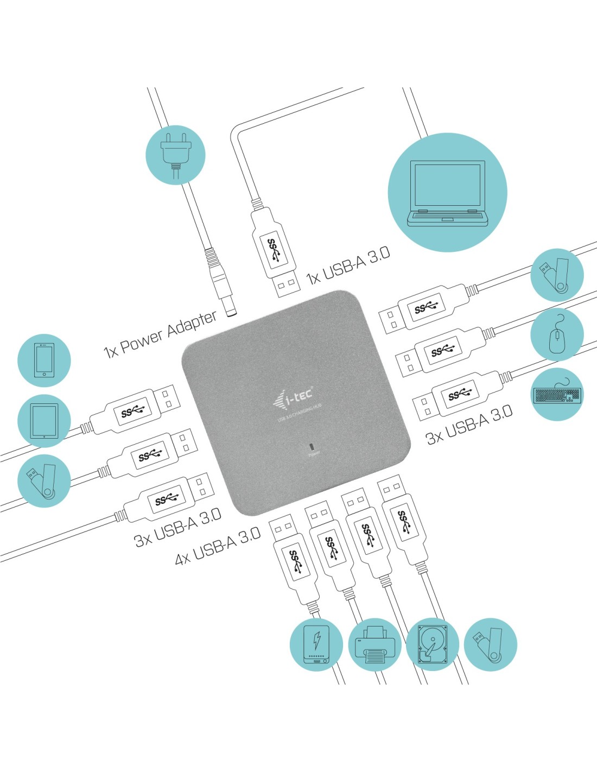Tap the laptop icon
coord(448,193)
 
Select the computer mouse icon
coord(557,334)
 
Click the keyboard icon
coord(557,395)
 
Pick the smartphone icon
coord(44,360)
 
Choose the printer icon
coord(374,645)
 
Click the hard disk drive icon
coord(433,645)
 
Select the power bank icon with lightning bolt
coord(316,645)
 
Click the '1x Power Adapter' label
coord(161,334)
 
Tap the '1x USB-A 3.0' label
coord(348,266)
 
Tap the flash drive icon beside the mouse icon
coord(557,275)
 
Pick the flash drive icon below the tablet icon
coord(44,481)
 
